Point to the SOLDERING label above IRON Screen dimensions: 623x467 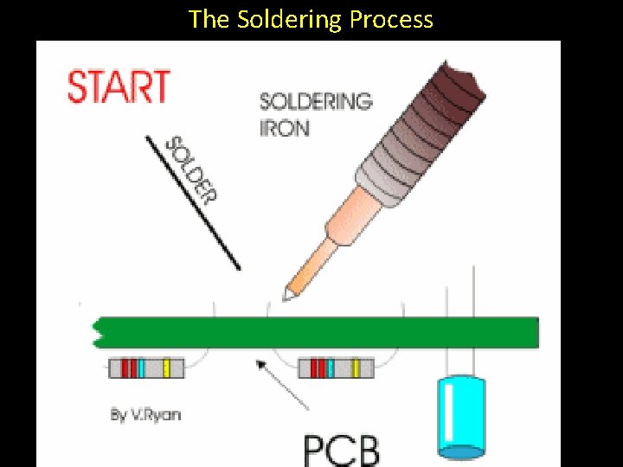[x=316, y=101]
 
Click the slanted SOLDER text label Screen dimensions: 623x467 [x=189, y=169]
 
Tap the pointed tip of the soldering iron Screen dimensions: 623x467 [x=286, y=295]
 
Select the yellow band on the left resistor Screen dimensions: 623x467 [x=165, y=368]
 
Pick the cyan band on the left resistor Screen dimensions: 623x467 [x=141, y=368]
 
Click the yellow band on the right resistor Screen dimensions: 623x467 [x=355, y=368]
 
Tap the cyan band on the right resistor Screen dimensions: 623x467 [x=331, y=368]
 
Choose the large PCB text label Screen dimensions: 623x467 [x=342, y=449]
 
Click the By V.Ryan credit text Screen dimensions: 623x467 [x=145, y=414]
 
